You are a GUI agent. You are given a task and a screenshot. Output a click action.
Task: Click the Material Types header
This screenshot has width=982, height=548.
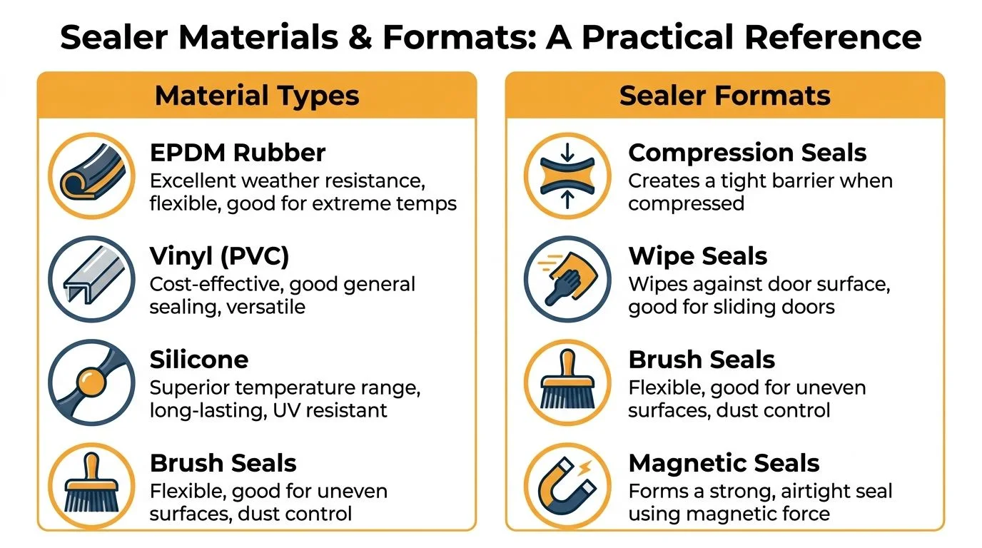257,96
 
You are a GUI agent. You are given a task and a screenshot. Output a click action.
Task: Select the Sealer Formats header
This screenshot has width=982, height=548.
724,96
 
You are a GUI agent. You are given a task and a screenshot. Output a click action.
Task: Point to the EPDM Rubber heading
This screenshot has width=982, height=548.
238,153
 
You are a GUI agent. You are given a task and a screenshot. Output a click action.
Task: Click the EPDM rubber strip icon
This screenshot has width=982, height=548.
91,175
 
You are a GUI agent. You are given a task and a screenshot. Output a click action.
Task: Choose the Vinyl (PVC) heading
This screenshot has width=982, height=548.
219,256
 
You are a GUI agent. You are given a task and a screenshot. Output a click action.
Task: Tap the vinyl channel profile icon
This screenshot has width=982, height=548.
91,278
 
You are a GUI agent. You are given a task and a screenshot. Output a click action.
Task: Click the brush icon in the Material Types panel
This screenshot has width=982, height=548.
91,484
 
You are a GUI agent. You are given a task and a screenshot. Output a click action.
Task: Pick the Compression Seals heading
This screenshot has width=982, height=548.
747,153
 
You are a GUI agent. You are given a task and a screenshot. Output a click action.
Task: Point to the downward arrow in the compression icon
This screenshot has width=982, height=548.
567,152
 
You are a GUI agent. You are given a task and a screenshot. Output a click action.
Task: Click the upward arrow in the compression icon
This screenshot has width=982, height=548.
567,199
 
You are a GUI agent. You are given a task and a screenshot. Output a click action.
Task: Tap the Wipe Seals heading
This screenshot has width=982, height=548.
697,256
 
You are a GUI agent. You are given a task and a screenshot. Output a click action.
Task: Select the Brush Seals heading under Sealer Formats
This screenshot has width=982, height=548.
702,360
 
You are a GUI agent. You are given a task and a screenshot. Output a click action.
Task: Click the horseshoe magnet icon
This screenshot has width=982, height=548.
567,485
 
